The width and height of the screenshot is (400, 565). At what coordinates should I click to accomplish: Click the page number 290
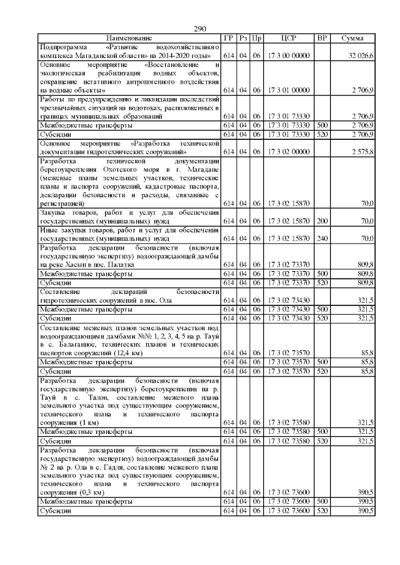click(200, 29)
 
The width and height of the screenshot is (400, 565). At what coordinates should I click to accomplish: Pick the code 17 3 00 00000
click(289, 56)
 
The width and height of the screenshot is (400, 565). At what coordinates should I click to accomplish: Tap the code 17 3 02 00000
click(289, 152)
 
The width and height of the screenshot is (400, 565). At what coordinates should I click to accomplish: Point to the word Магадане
click(201, 169)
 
